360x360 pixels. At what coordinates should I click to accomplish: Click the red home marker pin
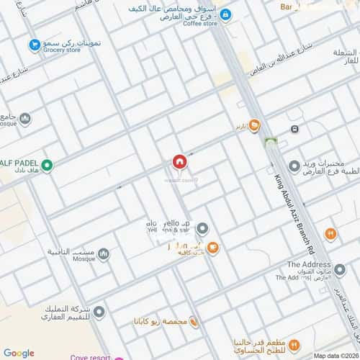(x=179, y=163)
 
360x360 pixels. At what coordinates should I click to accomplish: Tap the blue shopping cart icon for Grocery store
(x=34, y=45)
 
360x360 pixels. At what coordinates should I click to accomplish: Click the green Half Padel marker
(x=48, y=166)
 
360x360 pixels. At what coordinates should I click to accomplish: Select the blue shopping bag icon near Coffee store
(x=225, y=14)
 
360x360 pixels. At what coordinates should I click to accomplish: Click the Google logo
(x=19, y=353)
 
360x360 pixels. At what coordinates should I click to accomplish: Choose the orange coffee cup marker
(x=212, y=248)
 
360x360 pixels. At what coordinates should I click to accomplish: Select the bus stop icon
(x=294, y=129)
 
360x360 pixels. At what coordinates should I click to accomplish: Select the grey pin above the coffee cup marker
(x=203, y=228)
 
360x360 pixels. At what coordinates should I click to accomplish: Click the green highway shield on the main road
(x=271, y=142)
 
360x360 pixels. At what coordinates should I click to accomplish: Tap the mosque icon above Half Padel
(x=25, y=119)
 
